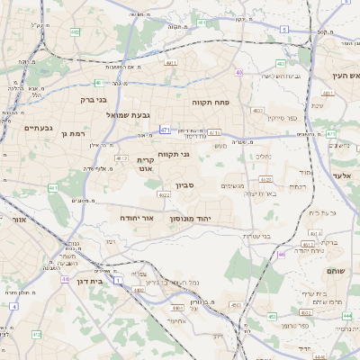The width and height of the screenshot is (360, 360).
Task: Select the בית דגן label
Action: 85,280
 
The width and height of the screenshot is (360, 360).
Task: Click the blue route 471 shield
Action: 166,130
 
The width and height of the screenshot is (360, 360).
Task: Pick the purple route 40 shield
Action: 238,72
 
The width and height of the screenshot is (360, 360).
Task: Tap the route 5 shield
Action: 283,29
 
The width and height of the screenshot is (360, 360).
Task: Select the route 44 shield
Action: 65,279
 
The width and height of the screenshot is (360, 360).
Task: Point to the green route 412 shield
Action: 37,334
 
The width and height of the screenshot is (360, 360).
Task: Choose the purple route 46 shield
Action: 282,254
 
